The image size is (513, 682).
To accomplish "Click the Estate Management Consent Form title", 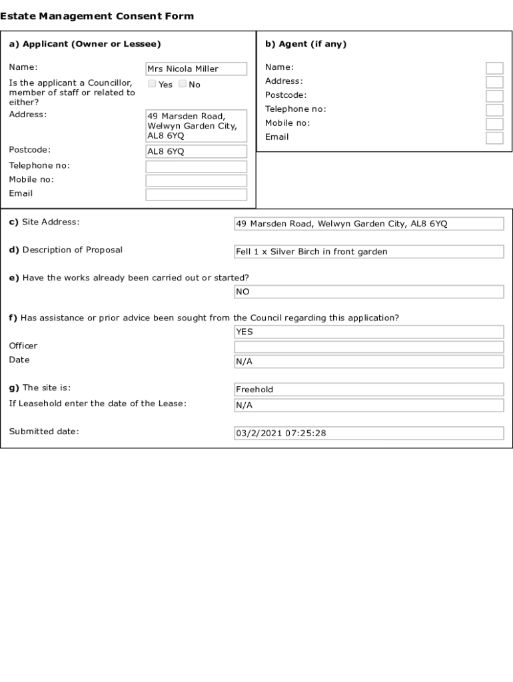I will tap(97, 16).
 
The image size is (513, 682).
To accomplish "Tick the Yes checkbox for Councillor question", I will tap(152, 84).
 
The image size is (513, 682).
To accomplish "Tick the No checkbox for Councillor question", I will tap(183, 84).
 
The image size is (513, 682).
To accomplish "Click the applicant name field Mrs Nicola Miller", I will tap(196, 69).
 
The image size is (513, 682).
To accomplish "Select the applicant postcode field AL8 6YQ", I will tap(196, 151).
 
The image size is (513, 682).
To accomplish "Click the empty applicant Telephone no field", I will tap(196, 167).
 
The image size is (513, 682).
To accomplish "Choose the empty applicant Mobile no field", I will tap(196, 180).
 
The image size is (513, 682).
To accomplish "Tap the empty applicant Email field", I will tap(196, 194).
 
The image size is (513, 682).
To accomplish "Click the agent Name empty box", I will tap(494, 68).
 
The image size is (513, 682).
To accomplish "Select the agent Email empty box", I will tap(494, 138).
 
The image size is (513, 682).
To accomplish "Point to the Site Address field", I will tap(369, 224).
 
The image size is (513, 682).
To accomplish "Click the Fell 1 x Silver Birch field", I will tap(369, 252).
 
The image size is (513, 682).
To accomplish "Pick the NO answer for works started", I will tap(369, 292).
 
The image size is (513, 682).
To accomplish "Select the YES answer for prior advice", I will tap(369, 332).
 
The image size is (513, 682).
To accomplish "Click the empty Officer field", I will tap(369, 347).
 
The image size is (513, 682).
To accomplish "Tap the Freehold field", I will tap(369, 390).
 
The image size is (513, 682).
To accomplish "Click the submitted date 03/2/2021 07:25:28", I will tap(369, 433).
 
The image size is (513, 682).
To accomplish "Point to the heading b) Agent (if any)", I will tap(306, 45).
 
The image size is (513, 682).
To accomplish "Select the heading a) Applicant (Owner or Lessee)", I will tap(85, 45).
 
